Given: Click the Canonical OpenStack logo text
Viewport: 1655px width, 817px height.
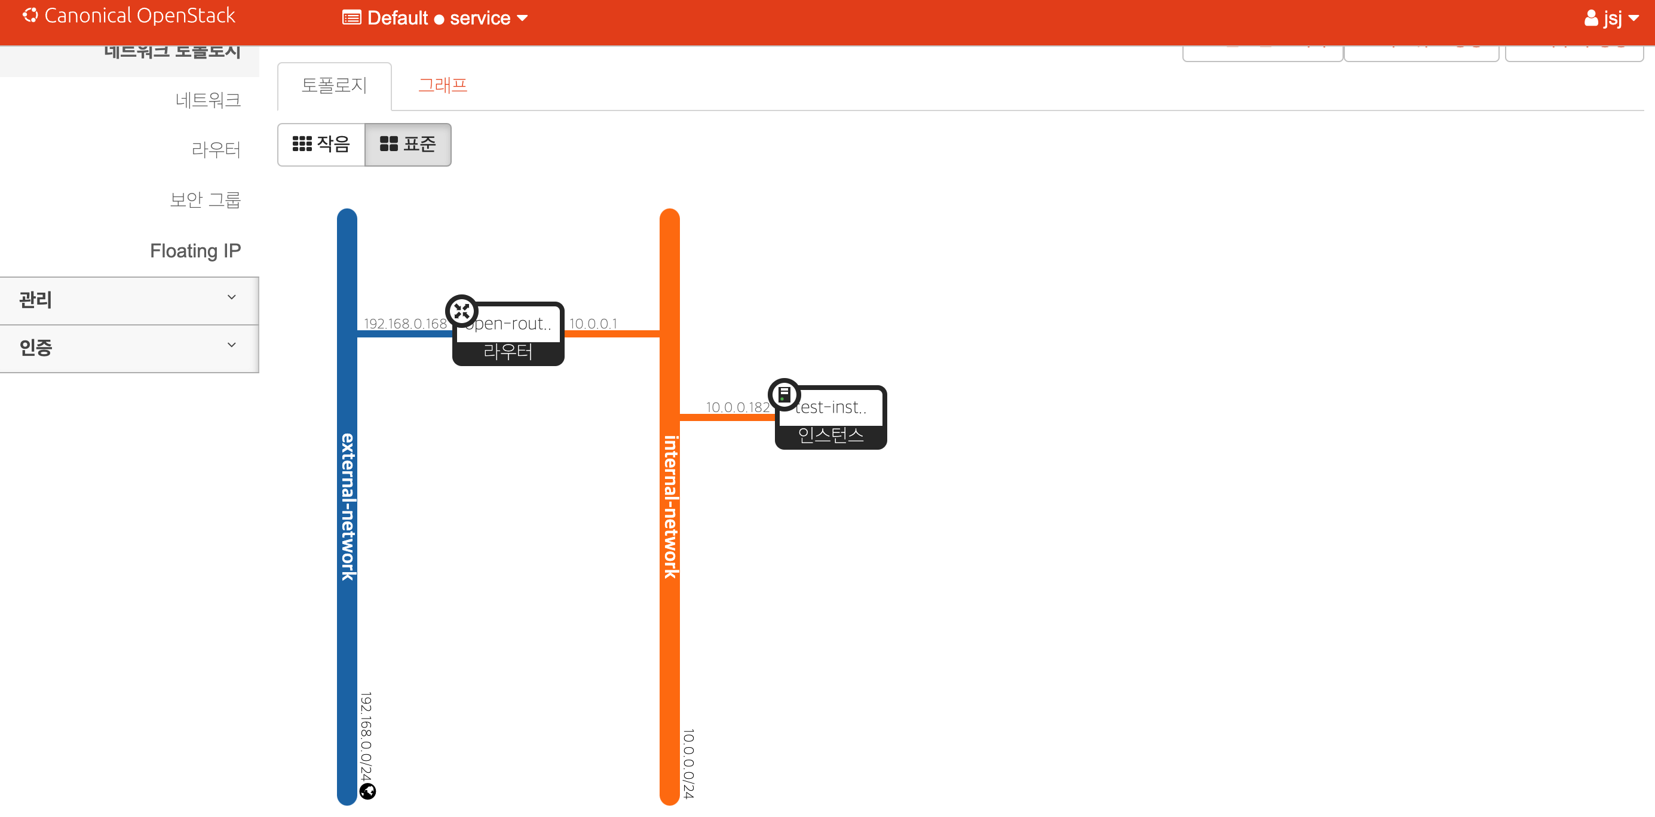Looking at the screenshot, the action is point(139,16).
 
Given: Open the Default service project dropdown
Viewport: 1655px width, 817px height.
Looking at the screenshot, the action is point(436,18).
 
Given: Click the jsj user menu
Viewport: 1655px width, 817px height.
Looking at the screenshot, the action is point(1611,18).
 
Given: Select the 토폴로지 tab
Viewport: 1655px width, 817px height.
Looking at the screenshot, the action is point(334,86).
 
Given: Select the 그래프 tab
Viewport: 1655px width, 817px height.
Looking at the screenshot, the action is point(443,86).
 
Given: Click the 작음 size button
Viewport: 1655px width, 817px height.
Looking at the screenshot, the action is point(321,145).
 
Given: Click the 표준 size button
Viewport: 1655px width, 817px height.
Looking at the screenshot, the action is point(408,145).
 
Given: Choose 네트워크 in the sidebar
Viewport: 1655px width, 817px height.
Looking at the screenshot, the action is point(208,100).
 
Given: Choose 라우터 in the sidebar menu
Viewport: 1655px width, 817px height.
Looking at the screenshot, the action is point(216,150).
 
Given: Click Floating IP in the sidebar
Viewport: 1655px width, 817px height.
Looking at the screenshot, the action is point(195,250).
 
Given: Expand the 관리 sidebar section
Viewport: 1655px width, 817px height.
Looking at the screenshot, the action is point(128,300).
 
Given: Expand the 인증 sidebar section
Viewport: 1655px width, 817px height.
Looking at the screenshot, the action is point(128,348).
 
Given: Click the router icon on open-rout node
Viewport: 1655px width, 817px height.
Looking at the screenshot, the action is point(461,312).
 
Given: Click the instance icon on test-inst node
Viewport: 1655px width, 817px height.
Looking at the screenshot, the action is point(784,394).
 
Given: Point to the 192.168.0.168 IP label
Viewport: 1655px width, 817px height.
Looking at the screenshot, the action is point(406,324).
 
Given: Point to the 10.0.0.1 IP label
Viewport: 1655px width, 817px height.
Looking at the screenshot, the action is point(593,324).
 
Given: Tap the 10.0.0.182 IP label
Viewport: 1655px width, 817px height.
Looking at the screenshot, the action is point(737,407).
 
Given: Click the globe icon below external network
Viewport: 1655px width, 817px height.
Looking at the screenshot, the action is point(367,791).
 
